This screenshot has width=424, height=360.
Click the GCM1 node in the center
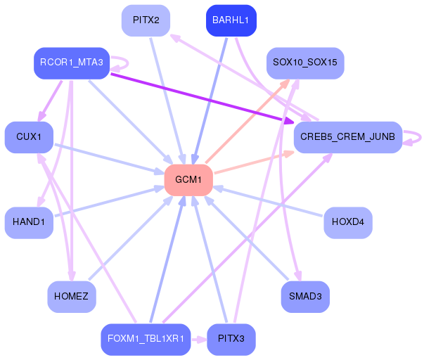(x=188, y=180)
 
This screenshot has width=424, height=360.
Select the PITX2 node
(x=146, y=20)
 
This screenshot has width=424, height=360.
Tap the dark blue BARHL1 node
(x=231, y=20)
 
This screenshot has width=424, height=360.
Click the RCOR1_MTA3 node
(x=72, y=63)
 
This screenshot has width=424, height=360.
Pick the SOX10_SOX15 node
(x=305, y=63)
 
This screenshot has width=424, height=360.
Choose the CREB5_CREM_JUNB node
(x=348, y=137)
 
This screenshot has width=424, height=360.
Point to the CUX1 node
(x=29, y=137)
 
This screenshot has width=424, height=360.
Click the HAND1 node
(x=29, y=223)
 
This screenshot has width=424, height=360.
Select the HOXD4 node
(x=348, y=223)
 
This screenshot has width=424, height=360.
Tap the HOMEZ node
(x=72, y=297)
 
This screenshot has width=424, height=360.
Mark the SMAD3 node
(x=305, y=297)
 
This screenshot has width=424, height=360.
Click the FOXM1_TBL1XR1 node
(x=146, y=340)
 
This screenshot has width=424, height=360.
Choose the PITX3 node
(x=231, y=340)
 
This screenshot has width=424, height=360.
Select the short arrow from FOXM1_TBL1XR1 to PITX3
(x=199, y=340)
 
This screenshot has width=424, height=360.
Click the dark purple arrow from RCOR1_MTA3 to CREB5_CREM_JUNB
(x=202, y=98)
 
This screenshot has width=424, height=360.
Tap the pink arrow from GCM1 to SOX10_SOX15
(x=248, y=121)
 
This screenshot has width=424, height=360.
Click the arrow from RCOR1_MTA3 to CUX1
(x=51, y=101)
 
